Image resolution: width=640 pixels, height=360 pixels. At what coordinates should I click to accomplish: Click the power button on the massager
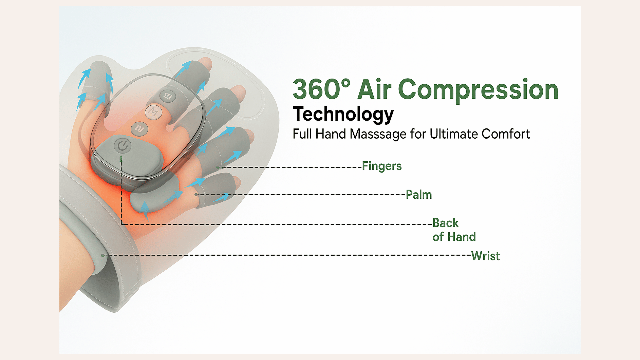pos(123,146)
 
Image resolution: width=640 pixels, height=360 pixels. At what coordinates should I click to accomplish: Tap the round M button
pos(153,112)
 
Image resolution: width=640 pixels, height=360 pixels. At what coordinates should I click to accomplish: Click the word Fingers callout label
pos(382,166)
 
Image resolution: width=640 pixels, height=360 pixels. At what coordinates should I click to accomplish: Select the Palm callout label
pos(419,194)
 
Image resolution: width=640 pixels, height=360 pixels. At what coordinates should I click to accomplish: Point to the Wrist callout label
pos(485,256)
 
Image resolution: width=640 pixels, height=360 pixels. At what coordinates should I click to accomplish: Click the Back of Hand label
pos(454,230)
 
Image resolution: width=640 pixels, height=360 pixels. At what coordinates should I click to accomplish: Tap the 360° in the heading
pos(322,89)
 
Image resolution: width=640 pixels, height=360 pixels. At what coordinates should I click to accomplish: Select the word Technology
pos(343,114)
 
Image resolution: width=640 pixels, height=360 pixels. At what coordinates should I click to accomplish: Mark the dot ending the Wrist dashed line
pos(103,255)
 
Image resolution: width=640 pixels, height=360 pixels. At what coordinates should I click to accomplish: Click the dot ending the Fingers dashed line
pos(218,167)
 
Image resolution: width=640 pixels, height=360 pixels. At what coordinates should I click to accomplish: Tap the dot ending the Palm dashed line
pos(196,194)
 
